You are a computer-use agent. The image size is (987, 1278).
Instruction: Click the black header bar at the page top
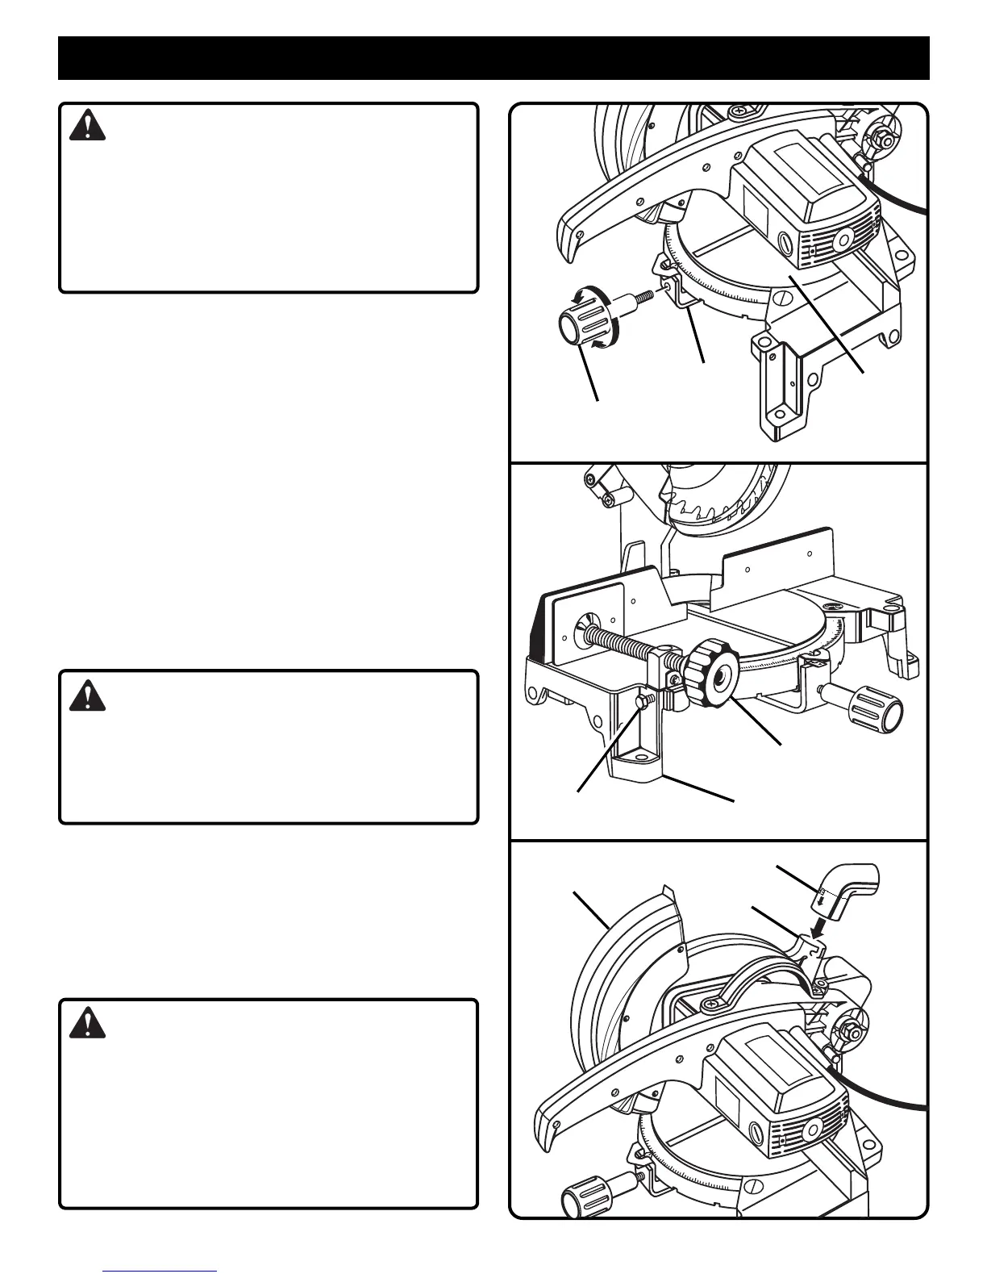493,58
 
